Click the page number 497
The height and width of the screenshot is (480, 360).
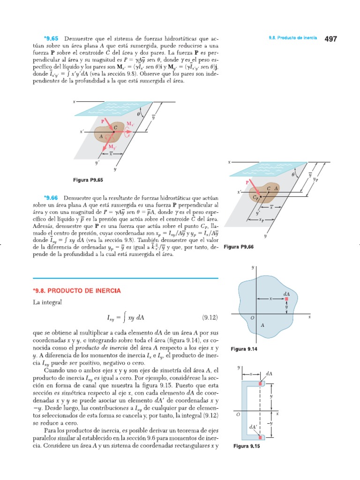point(330,39)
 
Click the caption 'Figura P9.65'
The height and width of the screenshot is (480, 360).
point(87,180)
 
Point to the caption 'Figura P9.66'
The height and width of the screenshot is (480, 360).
point(239,247)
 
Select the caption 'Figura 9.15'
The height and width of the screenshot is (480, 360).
point(246,446)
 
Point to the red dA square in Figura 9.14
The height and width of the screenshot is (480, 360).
point(287,298)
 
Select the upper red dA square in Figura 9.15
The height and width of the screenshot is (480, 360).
point(261,384)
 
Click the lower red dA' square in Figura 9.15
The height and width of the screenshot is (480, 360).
point(261,437)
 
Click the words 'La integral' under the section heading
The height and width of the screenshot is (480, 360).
point(47,303)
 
